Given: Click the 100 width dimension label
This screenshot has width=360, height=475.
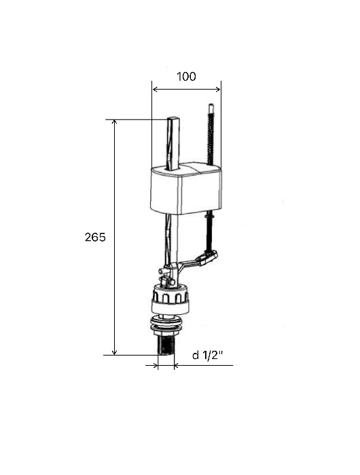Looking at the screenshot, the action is [186, 76].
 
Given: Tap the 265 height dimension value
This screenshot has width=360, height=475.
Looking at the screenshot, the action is [95, 237].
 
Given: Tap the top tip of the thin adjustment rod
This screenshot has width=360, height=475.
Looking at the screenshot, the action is [211, 104].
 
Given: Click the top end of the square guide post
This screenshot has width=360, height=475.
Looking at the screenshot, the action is [173, 117].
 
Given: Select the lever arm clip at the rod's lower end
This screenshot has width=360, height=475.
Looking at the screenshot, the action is [208, 256].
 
